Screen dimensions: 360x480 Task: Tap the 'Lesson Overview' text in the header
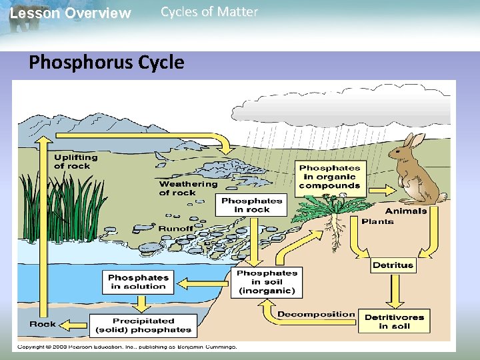(71, 13)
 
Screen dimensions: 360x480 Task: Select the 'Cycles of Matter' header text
(209, 12)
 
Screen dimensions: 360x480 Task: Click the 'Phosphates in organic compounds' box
(330, 177)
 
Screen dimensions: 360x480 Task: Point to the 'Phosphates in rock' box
(252, 205)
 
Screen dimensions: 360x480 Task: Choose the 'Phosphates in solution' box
(139, 282)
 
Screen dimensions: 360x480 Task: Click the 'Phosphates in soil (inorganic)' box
(267, 282)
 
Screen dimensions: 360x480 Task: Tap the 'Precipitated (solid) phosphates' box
(143, 325)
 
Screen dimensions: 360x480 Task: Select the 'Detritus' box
(393, 265)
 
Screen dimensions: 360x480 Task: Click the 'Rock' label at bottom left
(43, 325)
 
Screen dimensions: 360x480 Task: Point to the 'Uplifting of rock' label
(75, 162)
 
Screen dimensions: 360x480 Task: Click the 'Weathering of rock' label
(188, 189)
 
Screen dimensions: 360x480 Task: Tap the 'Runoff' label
(175, 229)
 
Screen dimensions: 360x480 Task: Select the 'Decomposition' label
(316, 314)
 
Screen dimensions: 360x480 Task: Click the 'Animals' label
(405, 211)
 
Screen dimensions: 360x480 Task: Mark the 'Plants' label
(377, 221)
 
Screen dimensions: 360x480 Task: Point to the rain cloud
(340, 103)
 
